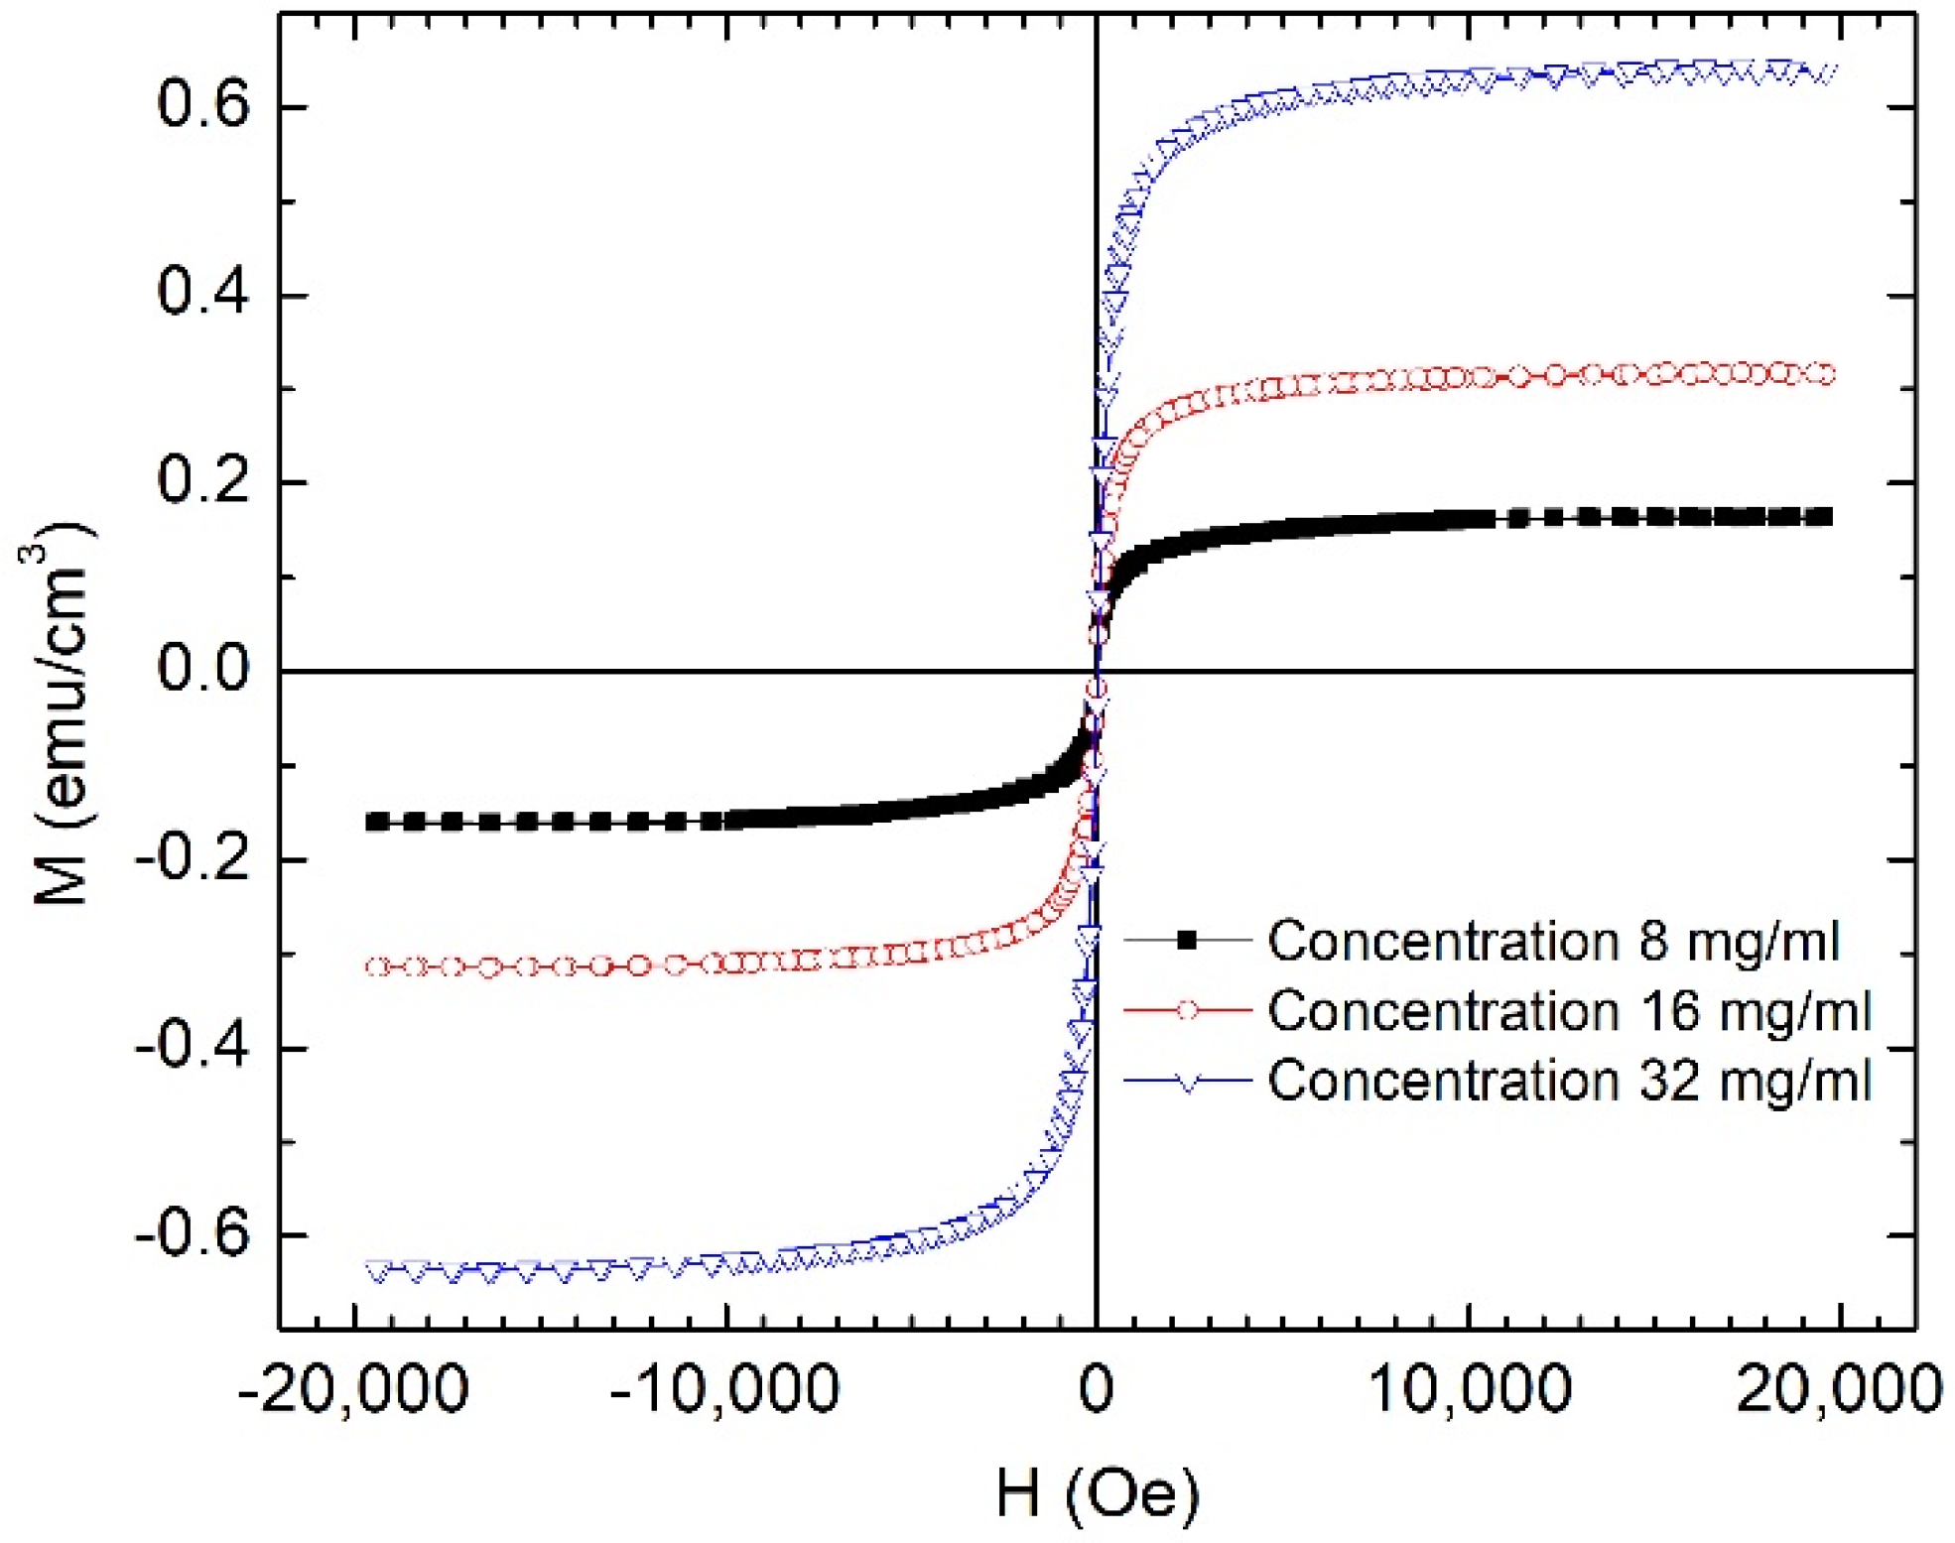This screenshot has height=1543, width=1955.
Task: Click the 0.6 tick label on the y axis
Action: tap(203, 106)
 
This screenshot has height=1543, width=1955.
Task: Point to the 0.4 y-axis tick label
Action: tap(203, 294)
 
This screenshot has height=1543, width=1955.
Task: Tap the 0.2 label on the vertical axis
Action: tap(203, 482)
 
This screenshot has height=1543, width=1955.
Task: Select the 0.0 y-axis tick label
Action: tap(203, 670)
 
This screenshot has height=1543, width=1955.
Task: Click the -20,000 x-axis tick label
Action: tap(353, 1389)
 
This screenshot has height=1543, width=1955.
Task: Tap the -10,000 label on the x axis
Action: tap(725, 1389)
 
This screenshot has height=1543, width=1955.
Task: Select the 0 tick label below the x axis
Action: tap(1097, 1389)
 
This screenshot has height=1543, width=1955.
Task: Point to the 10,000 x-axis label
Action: tap(1470, 1389)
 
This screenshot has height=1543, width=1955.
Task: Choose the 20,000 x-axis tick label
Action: tap(1839, 1389)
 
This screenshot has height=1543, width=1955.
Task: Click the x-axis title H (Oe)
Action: tap(1098, 1492)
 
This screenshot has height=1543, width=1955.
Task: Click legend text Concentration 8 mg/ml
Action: tap(1553, 941)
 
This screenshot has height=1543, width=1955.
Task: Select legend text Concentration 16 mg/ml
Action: tap(1569, 1011)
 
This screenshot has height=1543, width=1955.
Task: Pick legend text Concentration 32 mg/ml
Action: tap(1569, 1080)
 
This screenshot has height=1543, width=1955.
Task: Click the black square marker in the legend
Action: tap(1186, 941)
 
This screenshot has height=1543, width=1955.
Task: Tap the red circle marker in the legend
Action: tap(1186, 1010)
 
